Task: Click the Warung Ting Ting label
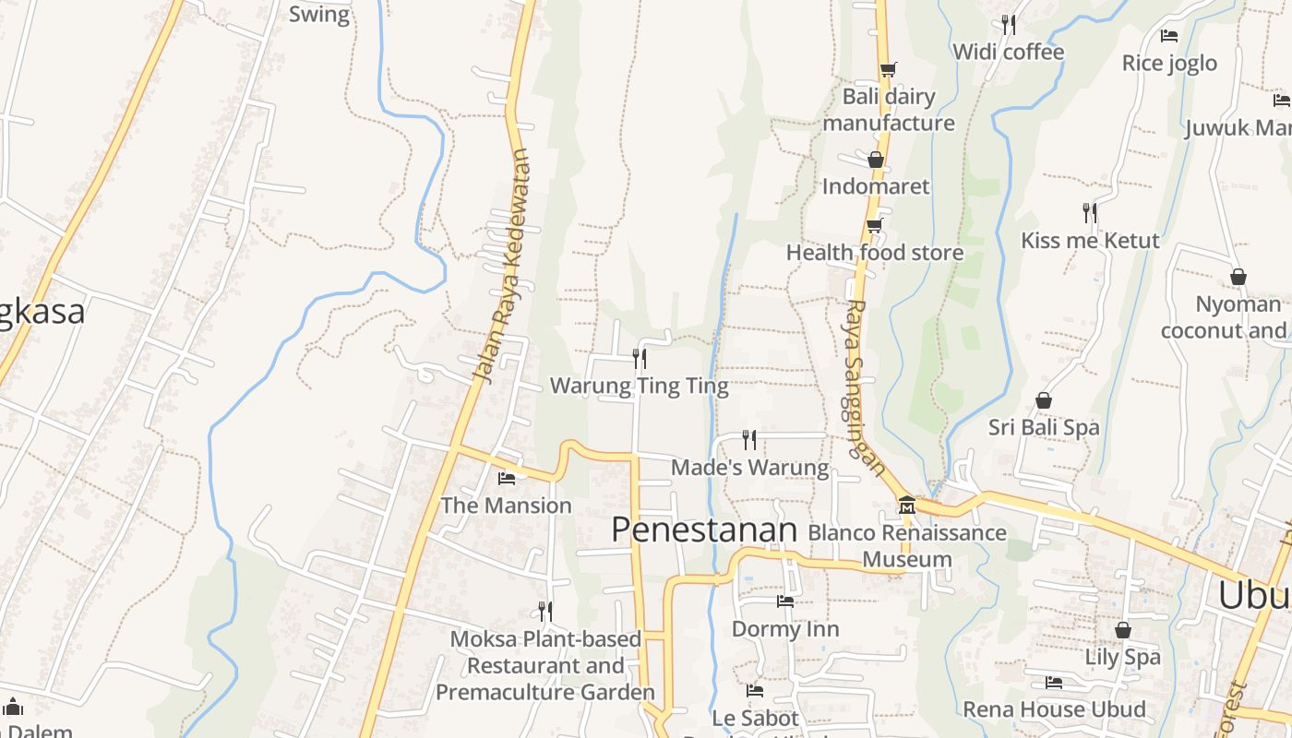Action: pyautogui.click(x=640, y=386)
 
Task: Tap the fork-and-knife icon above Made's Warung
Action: pyautogui.click(x=749, y=439)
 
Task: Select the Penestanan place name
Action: pyautogui.click(x=704, y=530)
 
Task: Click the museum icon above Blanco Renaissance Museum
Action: pyautogui.click(x=906, y=505)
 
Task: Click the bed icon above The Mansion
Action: pyautogui.click(x=507, y=478)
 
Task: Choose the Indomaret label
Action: pyautogui.click(x=876, y=186)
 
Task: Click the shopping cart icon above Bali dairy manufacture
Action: pyautogui.click(x=888, y=69)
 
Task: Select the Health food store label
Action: pyautogui.click(x=875, y=252)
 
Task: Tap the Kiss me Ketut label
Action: pyautogui.click(x=1090, y=241)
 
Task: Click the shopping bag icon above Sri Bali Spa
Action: pyautogui.click(x=1044, y=400)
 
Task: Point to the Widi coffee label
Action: pyautogui.click(x=1009, y=52)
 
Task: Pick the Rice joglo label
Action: pyautogui.click(x=1169, y=63)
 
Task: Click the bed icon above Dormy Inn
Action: pyautogui.click(x=785, y=601)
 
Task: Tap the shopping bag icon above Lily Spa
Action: pyautogui.click(x=1123, y=630)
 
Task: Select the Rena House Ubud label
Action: pyautogui.click(x=1055, y=709)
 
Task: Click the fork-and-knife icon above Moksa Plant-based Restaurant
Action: pyautogui.click(x=545, y=611)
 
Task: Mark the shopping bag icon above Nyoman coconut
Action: pyautogui.click(x=1238, y=277)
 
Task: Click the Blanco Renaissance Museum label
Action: pyautogui.click(x=907, y=545)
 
